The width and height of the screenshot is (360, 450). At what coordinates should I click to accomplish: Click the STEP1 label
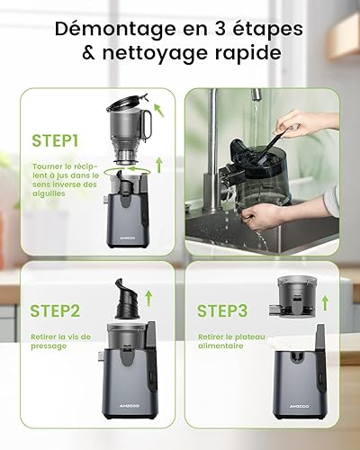(55, 140)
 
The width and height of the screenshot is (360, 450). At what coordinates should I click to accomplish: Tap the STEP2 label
(55, 310)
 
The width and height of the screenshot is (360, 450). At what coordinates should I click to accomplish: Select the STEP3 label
(222, 310)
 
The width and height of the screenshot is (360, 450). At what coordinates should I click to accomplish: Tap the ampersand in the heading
(88, 53)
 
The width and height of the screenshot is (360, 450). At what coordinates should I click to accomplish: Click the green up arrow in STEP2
(148, 298)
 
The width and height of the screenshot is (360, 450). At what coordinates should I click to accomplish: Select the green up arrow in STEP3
(325, 303)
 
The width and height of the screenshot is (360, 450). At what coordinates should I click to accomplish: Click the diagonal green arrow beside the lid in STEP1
(159, 110)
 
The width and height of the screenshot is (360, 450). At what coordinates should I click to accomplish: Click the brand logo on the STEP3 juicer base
(299, 406)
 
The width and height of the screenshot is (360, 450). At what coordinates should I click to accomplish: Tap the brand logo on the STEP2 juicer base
(130, 406)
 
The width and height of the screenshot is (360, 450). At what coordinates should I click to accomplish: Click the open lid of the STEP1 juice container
(127, 101)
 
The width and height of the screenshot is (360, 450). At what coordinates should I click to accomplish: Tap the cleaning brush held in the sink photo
(272, 145)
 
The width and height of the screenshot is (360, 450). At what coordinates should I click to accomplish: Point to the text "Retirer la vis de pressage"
(60, 341)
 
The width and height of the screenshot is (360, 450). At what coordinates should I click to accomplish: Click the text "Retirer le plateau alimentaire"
(231, 341)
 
